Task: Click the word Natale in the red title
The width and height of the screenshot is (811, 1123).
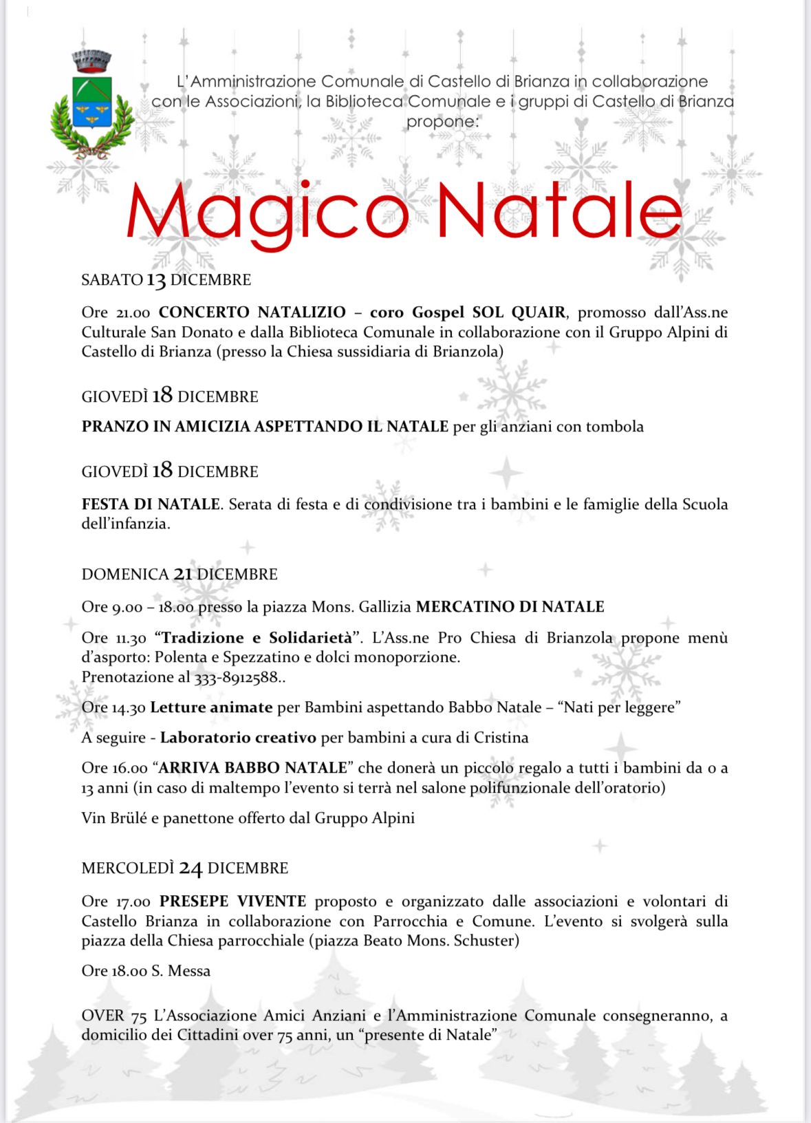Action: pyautogui.click(x=559, y=211)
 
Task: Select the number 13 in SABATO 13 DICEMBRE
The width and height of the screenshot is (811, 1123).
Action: pyautogui.click(x=156, y=280)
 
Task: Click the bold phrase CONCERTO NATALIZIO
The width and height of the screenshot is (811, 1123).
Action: pyautogui.click(x=252, y=312)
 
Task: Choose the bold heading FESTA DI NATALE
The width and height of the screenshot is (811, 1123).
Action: pyautogui.click(x=151, y=504)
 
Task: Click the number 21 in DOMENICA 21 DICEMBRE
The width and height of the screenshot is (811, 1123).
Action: pyautogui.click(x=183, y=574)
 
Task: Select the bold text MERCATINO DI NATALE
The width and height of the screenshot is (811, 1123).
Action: pyautogui.click(x=510, y=607)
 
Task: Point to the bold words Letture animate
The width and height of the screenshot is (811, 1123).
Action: pyautogui.click(x=211, y=707)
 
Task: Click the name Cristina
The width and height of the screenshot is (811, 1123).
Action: pyautogui.click(x=501, y=738)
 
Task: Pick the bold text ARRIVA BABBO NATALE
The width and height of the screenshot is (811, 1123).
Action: pyautogui.click(x=253, y=768)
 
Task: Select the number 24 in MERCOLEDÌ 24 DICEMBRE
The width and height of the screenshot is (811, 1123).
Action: pyautogui.click(x=191, y=868)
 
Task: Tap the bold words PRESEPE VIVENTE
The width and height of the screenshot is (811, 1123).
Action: pyautogui.click(x=233, y=901)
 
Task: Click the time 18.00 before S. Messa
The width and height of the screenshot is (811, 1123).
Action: pyautogui.click(x=129, y=971)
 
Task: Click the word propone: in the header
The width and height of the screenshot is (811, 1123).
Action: pyautogui.click(x=442, y=122)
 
